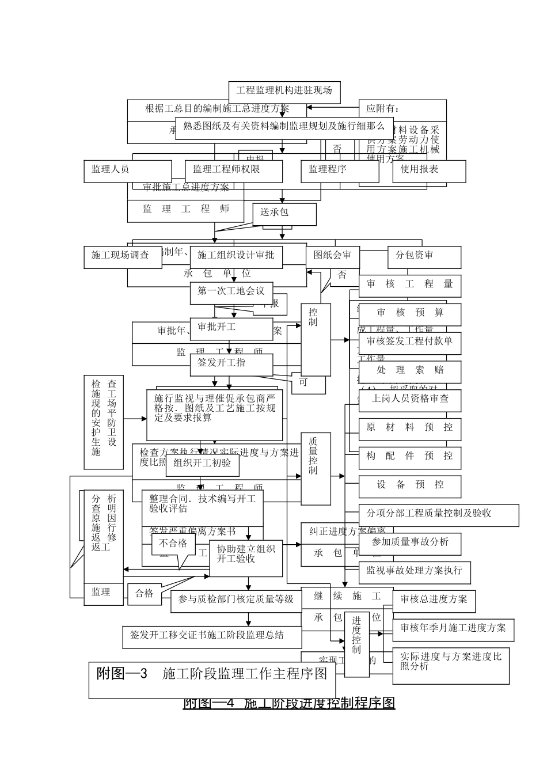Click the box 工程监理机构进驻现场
point(284,91)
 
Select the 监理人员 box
point(127,170)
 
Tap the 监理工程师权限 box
point(233,170)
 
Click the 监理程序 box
point(332,170)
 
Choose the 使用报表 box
point(428,170)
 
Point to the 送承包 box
point(284,214)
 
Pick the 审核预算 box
point(410,314)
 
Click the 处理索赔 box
point(410,371)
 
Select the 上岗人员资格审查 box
point(410,400)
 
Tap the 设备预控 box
point(410,486)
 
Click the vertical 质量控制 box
point(316,468)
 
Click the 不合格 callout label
point(173,544)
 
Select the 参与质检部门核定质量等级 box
point(235,601)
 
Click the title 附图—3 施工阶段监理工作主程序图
point(212,680)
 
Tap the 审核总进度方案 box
point(434,601)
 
